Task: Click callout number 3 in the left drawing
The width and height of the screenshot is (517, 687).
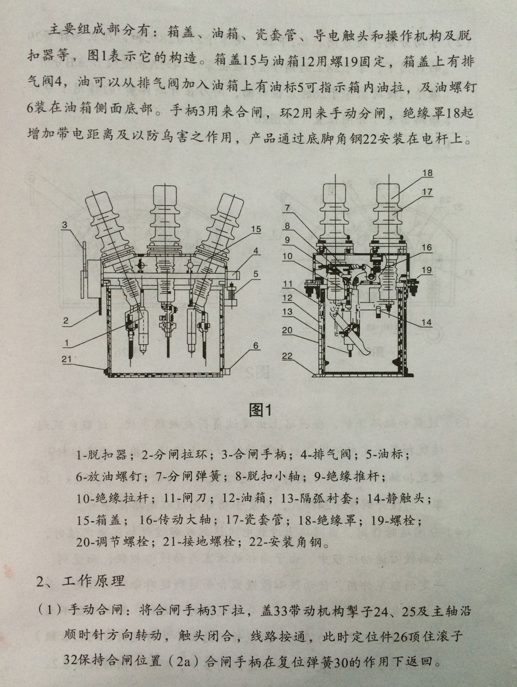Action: coord(65,225)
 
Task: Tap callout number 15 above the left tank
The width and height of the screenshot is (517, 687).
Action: coord(255,229)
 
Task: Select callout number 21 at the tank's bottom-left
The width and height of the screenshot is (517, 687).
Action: coord(66,359)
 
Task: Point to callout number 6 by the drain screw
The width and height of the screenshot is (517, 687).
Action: coord(256,345)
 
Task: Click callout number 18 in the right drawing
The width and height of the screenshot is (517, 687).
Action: coord(427,173)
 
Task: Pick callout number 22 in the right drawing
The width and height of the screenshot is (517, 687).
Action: coord(287,356)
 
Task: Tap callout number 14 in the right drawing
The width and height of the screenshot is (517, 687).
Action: coord(427,322)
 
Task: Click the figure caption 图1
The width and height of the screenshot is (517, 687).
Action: coord(259,410)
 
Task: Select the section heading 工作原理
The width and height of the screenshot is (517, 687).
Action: coord(93,581)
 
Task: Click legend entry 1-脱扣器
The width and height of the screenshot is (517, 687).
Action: coord(102,455)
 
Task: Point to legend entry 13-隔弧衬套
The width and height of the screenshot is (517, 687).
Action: coord(326,498)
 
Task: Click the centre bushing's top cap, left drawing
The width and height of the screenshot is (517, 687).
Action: coord(164,195)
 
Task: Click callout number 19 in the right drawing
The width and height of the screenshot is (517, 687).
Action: coord(427,270)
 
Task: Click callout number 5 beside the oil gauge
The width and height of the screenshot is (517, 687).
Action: coord(255,274)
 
